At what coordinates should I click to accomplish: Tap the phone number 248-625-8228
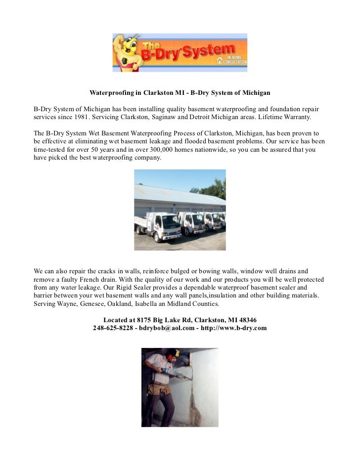pos(114,328)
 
